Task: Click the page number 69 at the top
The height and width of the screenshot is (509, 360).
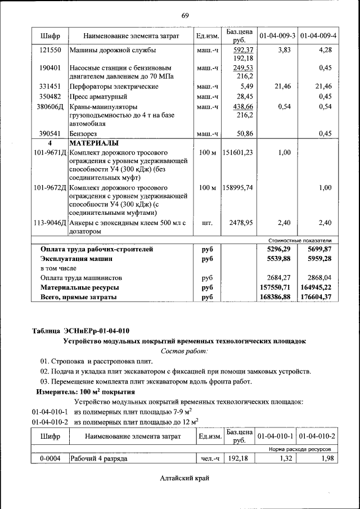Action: tap(185, 15)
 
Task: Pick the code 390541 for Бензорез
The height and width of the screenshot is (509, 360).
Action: tap(50, 133)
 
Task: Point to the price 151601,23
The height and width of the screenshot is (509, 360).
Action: tap(237, 152)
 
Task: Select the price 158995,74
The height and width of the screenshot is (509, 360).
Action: tap(237, 187)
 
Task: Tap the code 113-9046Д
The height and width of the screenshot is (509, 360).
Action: tap(50, 223)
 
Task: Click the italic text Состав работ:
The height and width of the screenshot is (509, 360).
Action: tap(184, 351)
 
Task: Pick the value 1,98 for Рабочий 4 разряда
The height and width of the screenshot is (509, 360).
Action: tap(325, 459)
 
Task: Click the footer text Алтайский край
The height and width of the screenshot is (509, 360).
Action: tap(184, 478)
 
